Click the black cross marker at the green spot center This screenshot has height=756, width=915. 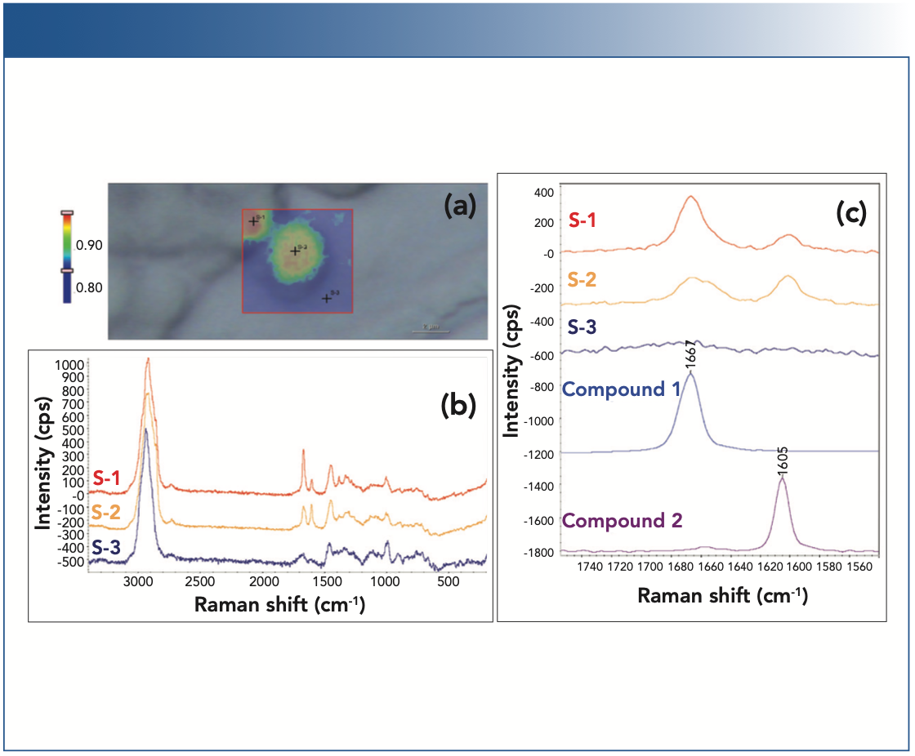pyautogui.click(x=295, y=251)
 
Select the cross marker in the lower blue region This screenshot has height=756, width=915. pyautogui.click(x=326, y=298)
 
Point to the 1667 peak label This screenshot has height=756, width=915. pyautogui.click(x=690, y=356)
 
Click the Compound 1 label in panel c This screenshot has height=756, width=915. pyautogui.click(x=622, y=389)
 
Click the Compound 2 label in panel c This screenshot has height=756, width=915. pyautogui.click(x=623, y=520)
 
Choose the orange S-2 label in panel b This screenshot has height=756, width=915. pyautogui.click(x=109, y=514)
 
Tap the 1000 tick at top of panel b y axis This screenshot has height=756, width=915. pyautogui.click(x=68, y=364)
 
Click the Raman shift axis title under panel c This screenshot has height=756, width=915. pyautogui.click(x=722, y=595)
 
